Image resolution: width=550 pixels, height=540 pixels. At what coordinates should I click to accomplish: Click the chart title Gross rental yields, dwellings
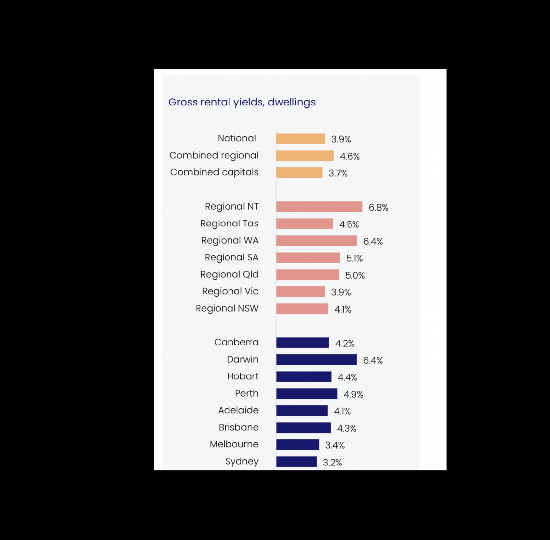pos(242,102)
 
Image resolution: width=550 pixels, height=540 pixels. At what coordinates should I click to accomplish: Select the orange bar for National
pos(301,139)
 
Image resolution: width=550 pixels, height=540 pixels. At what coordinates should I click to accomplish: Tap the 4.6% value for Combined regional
pos(350,156)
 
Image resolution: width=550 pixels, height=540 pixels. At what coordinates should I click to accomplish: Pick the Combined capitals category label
pos(214,172)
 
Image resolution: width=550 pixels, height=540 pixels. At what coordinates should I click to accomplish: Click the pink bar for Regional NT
pos(319,207)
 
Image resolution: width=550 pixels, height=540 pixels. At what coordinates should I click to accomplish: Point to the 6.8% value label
pos(379,207)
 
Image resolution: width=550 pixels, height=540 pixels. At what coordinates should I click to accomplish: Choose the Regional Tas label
pos(229,224)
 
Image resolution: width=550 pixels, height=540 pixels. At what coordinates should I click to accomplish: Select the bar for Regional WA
pos(317,241)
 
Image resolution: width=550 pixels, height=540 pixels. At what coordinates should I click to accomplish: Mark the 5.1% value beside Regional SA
pos(354,258)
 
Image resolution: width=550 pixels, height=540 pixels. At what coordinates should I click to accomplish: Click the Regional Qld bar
pos(308,275)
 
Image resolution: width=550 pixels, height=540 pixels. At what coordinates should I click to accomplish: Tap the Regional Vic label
pos(230,291)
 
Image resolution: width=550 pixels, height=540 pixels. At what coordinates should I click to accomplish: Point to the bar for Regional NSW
pos(302,309)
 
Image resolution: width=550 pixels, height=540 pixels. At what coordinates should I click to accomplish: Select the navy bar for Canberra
pos(303,343)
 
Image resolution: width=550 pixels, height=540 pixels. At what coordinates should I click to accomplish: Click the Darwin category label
pos(243,359)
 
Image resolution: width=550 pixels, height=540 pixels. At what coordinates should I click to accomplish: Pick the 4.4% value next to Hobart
pos(348,377)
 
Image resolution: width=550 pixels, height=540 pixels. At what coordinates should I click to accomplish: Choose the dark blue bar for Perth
pos(307,394)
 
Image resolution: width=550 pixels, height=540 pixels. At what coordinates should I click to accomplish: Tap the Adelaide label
pos(238,410)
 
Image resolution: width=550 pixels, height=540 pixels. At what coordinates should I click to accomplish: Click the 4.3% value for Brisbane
pos(347,429)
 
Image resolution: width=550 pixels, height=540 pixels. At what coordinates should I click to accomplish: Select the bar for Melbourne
pos(298,444)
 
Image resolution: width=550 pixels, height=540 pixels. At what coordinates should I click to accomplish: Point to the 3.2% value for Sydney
pos(332,463)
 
